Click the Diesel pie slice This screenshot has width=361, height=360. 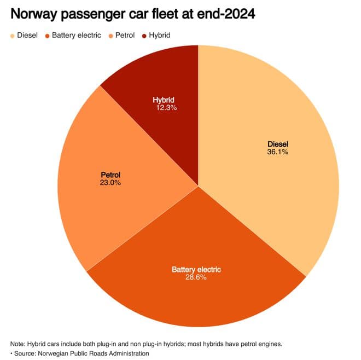coord(273,175)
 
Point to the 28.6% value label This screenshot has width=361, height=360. coord(196,277)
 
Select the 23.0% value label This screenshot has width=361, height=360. coord(110,183)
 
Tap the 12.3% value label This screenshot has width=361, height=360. coord(166,108)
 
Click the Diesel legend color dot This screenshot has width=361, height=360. coord(12,36)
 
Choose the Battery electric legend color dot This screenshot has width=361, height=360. coord(48,36)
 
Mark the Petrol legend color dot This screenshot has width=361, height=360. coord(110,36)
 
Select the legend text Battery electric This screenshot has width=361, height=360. coord(76,36)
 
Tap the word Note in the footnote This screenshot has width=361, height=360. coord(18,344)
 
